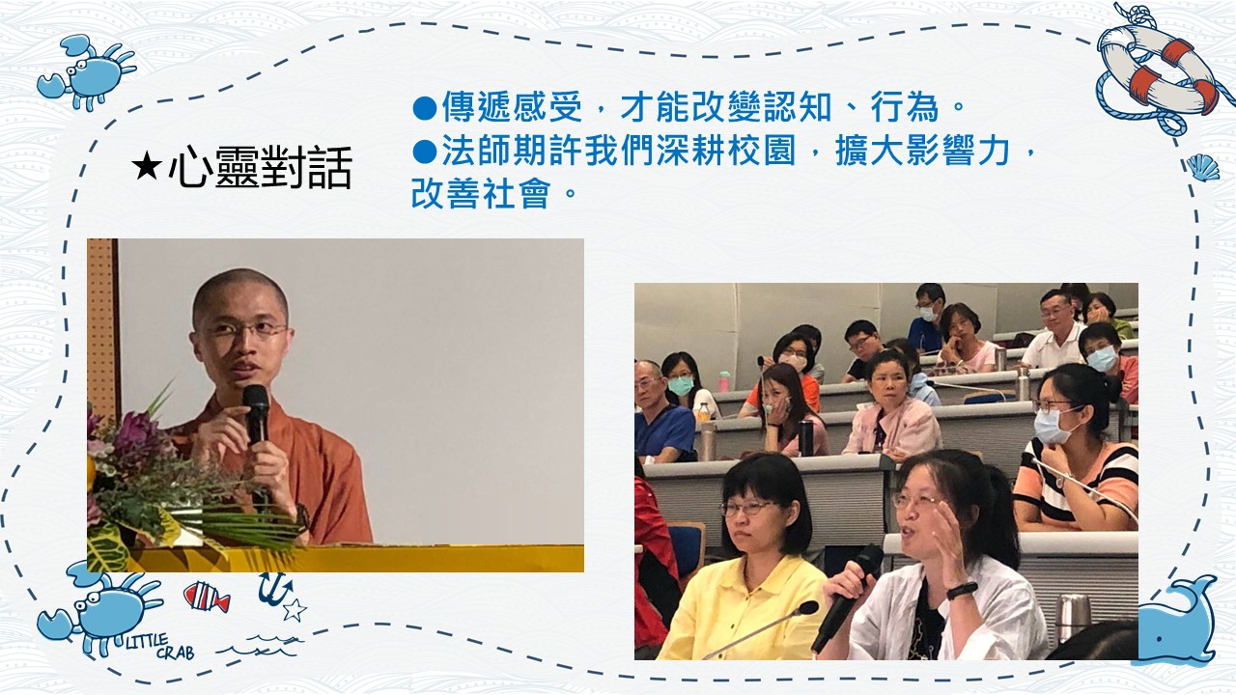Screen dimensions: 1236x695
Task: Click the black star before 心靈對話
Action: pyautogui.click(x=147, y=167)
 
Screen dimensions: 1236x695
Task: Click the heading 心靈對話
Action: pyautogui.click(x=260, y=167)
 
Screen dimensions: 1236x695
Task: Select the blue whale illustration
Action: pyautogui.click(x=1179, y=621)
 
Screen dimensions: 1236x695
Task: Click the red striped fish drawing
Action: pyautogui.click(x=207, y=597)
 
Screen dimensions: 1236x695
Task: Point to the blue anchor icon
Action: pyautogui.click(x=275, y=589)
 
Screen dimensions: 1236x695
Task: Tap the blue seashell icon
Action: pyautogui.click(x=1202, y=168)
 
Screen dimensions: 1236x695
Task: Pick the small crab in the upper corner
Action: pyautogui.click(x=86, y=71)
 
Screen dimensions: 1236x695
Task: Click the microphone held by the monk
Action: pyautogui.click(x=256, y=415)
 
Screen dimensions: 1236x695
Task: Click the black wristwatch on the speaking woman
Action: pyautogui.click(x=962, y=591)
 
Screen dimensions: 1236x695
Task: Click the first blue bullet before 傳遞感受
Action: pyautogui.click(x=425, y=107)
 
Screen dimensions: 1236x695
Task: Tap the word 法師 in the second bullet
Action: pyautogui.click(x=476, y=151)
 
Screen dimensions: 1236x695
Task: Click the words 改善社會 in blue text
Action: pyautogui.click(x=481, y=193)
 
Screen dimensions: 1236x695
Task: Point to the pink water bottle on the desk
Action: pyautogui.click(x=724, y=381)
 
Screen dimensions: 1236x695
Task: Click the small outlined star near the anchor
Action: pyautogui.click(x=295, y=610)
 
